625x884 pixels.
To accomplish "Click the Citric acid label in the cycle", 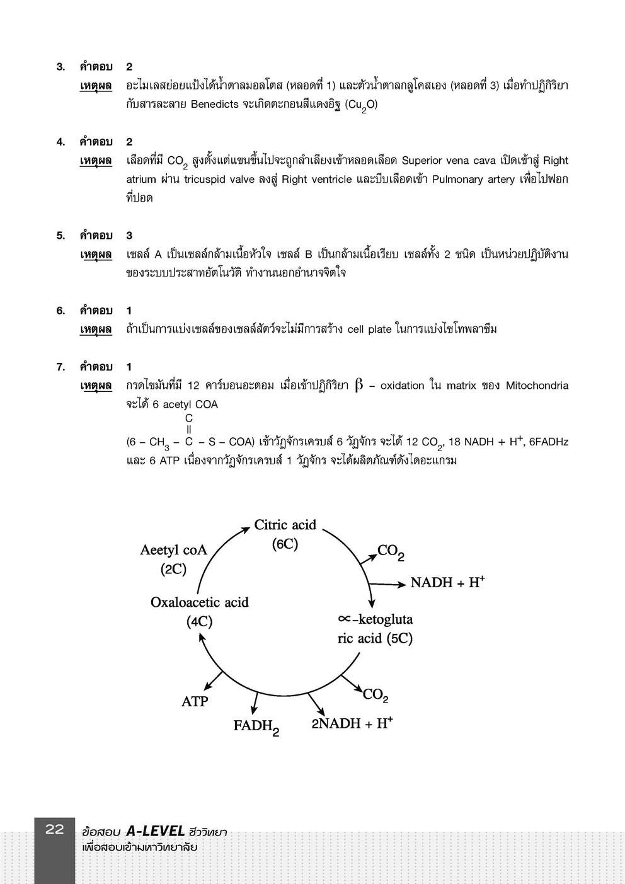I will pyautogui.click(x=285, y=525).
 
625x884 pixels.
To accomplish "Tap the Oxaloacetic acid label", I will pyautogui.click(x=199, y=602).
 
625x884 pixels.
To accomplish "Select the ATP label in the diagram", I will pyautogui.click(x=195, y=701).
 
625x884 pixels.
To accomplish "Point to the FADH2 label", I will pyautogui.click(x=256, y=726).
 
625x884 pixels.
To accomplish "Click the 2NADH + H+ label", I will pyautogui.click(x=352, y=723).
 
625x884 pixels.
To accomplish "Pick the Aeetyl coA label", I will pyautogui.click(x=173, y=550).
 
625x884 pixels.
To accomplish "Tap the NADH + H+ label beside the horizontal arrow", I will pyautogui.click(x=447, y=582).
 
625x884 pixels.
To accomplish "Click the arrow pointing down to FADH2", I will pyautogui.click(x=255, y=703).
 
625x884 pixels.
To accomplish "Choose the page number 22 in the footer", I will pyautogui.click(x=55, y=830).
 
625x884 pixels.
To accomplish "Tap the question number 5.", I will pyautogui.click(x=60, y=236).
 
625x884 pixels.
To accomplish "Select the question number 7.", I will pyautogui.click(x=60, y=367).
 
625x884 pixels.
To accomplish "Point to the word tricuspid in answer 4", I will pyautogui.click(x=207, y=179).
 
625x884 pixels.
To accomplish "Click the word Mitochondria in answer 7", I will pyautogui.click(x=537, y=386).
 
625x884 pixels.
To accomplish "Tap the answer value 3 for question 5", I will pyautogui.click(x=129, y=236).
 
